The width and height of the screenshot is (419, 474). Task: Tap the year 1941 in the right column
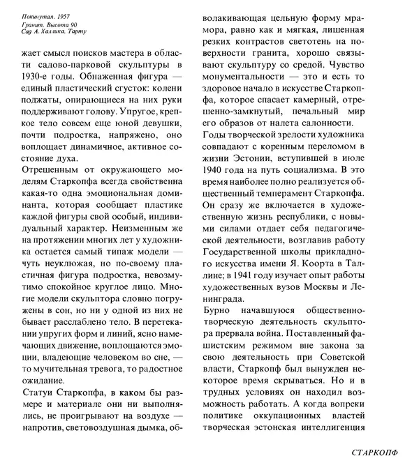252,268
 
